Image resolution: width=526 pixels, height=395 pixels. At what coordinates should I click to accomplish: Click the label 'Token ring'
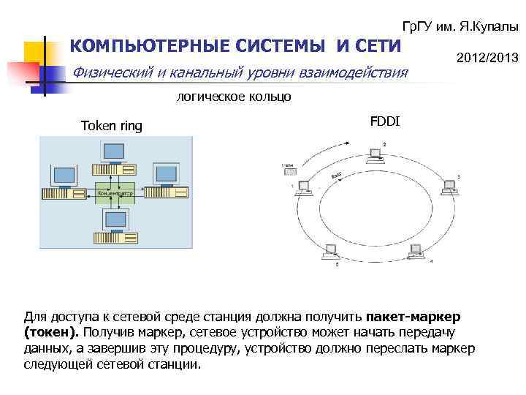pos(112,126)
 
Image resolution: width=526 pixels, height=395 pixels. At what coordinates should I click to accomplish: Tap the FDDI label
pos(384,120)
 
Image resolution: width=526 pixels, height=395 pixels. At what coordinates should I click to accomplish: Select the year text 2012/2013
pos(487,57)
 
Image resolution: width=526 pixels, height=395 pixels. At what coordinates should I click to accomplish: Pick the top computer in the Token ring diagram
pos(115,157)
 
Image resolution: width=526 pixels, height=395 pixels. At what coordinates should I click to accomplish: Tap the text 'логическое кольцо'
pos(233,96)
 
